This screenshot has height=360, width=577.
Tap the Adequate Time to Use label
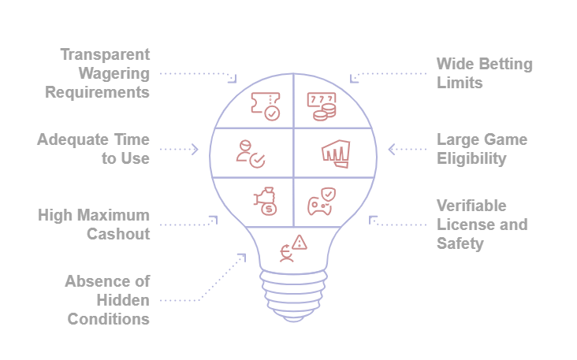(x=93, y=149)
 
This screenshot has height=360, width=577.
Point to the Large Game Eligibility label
(x=482, y=149)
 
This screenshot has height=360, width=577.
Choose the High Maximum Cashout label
(x=94, y=225)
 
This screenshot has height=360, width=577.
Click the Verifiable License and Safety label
(x=482, y=225)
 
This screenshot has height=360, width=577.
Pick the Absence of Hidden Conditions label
(x=107, y=300)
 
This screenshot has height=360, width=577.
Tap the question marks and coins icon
(x=321, y=106)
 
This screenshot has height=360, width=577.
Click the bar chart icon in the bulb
(x=335, y=153)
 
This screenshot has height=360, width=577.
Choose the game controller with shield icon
(x=321, y=201)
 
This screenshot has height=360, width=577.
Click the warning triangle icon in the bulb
(x=292, y=248)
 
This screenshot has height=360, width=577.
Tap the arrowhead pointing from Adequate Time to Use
(x=195, y=149)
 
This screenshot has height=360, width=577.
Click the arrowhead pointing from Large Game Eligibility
(x=392, y=149)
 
